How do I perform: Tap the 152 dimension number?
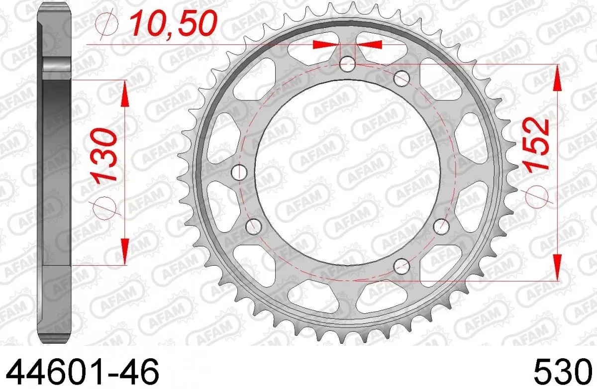536,144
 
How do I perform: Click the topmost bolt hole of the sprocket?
348,64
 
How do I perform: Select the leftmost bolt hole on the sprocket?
240,173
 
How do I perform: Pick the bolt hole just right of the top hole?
402,78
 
